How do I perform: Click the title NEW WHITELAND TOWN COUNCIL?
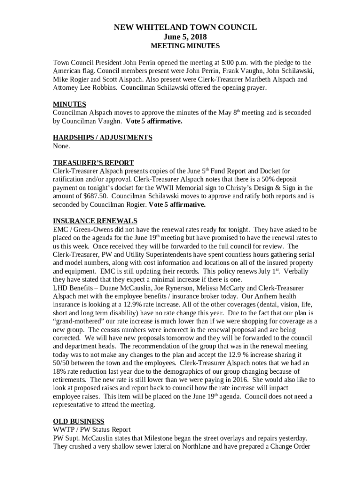click(185, 28)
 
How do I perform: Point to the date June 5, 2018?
click(185, 37)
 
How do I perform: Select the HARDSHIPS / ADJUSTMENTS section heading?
click(102, 138)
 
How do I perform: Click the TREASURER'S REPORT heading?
click(93, 163)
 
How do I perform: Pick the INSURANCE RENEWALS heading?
click(95, 221)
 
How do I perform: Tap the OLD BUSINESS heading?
click(79, 421)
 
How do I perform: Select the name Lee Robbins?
click(98, 87)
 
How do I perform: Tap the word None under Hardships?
click(61, 146)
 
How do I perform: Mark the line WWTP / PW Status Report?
click(92, 429)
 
